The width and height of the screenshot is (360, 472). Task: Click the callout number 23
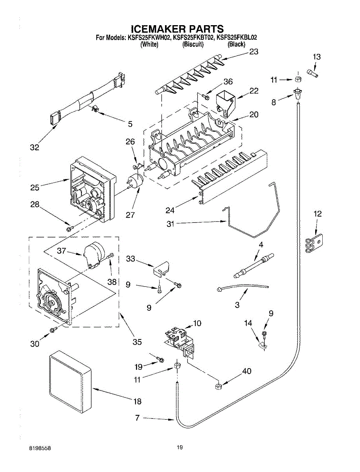point(253,52)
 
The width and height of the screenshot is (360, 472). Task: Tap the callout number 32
point(35,147)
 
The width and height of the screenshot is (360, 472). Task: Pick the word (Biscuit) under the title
point(193,44)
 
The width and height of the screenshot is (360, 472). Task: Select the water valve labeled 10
point(180,343)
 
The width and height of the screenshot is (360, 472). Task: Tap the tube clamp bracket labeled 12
point(314,243)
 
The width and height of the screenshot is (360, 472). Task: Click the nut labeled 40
point(218,386)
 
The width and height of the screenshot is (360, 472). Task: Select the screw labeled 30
point(53,330)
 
